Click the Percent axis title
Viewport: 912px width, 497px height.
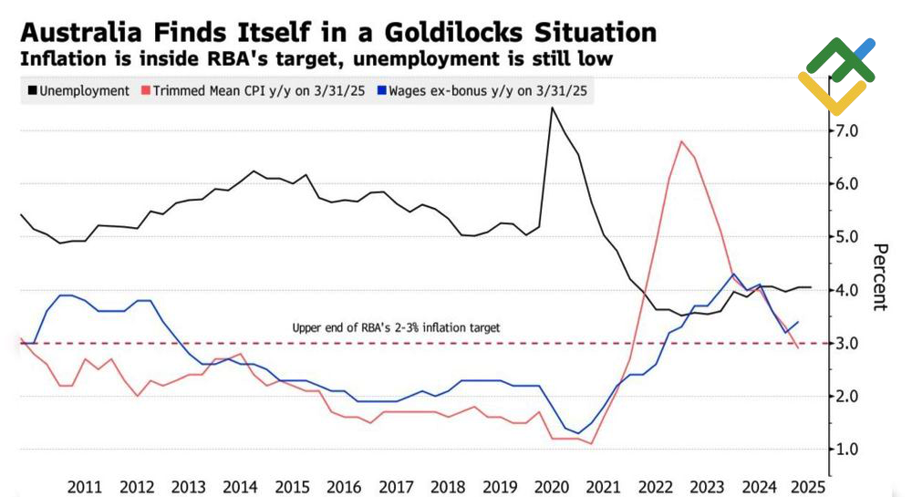[880, 277]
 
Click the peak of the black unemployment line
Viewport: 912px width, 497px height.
[552, 108]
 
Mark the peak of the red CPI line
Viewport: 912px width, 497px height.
[680, 141]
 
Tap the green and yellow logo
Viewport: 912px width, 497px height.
[836, 76]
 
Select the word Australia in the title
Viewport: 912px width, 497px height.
[79, 34]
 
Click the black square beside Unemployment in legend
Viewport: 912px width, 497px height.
[34, 91]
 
